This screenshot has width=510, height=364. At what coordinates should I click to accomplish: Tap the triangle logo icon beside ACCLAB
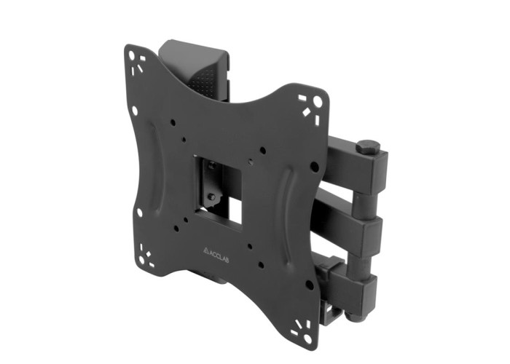(x=205, y=250)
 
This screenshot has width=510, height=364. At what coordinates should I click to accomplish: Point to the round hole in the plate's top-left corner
(x=131, y=55)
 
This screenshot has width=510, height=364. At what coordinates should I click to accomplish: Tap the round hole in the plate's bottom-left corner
(x=141, y=261)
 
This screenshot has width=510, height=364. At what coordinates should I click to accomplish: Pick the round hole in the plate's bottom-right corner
(x=307, y=339)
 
